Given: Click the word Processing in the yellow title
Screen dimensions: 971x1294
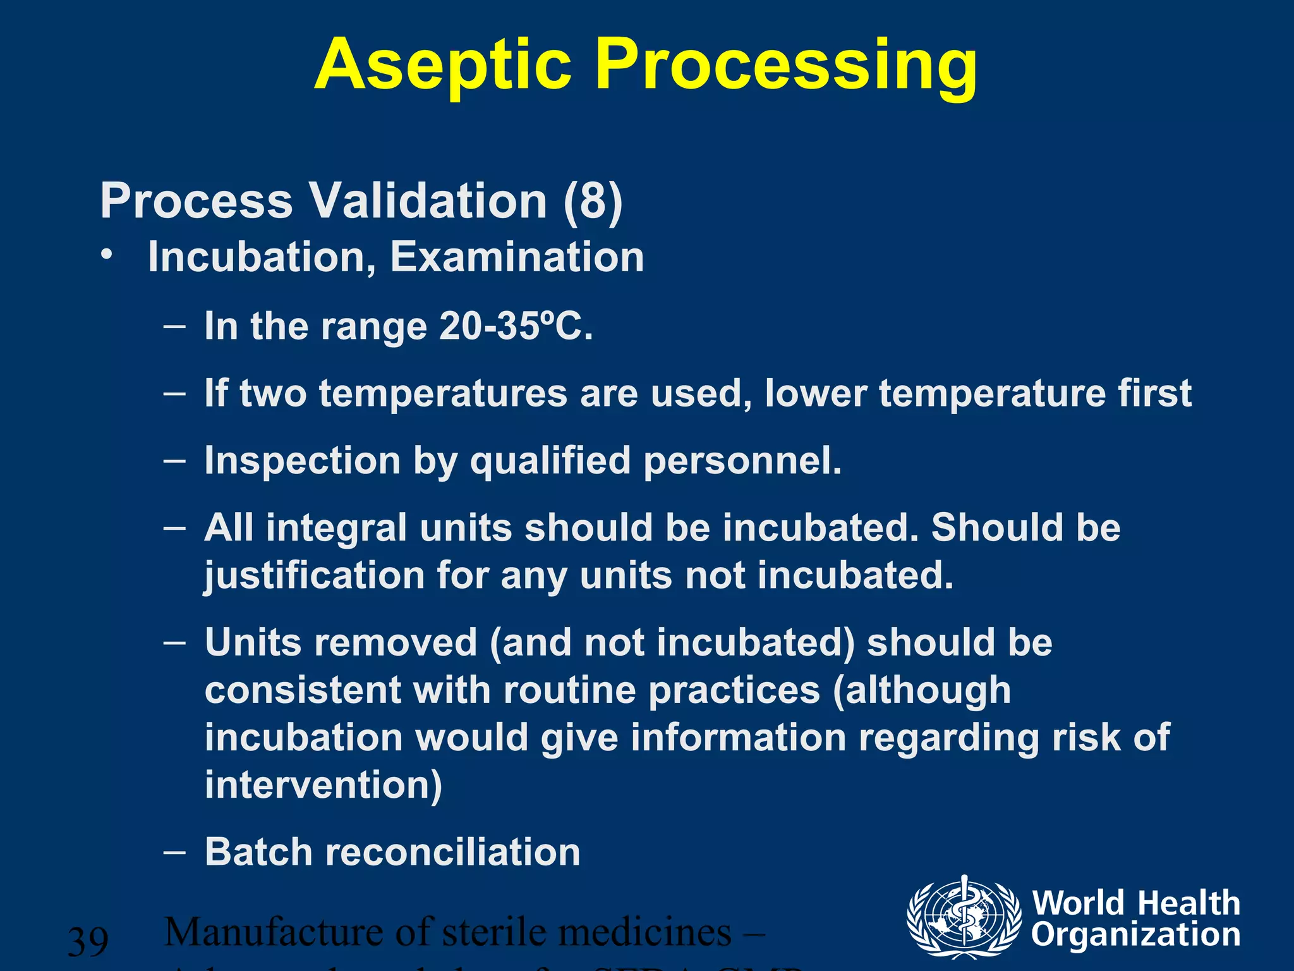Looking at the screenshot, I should tap(786, 66).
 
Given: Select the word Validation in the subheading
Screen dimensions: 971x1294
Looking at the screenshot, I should tap(428, 201).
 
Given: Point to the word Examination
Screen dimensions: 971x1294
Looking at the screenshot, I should tap(517, 257).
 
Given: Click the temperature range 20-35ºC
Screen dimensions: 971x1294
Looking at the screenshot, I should tap(516, 326).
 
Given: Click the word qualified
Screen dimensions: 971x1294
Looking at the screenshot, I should tap(550, 460).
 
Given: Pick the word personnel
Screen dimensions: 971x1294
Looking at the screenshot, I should tap(742, 460).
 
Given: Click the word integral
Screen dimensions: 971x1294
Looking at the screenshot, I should tap(336, 528).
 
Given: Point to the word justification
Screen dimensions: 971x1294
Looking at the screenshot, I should tap(314, 576).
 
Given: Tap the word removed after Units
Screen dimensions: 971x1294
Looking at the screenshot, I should tap(396, 642).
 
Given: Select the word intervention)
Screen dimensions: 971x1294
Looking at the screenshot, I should tap(323, 785).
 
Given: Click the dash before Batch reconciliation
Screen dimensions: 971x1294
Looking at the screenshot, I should tap(174, 852).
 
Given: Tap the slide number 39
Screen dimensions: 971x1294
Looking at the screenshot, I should tap(88, 941).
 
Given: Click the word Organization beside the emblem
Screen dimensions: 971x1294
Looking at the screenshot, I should tap(1135, 934).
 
